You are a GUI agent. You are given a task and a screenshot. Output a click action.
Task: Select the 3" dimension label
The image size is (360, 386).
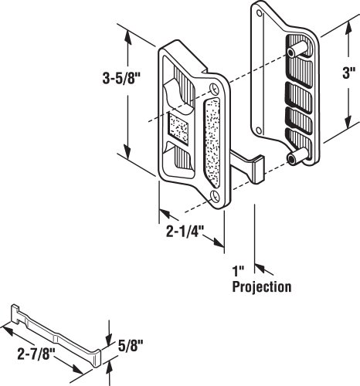click(x=349, y=73)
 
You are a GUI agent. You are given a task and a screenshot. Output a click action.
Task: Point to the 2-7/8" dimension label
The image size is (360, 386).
click(x=36, y=354)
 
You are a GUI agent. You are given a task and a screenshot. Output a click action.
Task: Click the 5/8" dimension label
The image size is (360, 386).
click(x=131, y=346)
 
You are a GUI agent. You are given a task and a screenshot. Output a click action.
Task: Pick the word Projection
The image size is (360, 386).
click(x=262, y=287)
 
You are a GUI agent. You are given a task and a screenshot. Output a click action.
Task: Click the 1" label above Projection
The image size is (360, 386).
click(x=238, y=272)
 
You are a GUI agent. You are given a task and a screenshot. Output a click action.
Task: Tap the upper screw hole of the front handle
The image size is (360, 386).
click(x=215, y=89)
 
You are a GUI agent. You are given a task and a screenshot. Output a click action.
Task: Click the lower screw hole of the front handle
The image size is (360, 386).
click(x=215, y=196)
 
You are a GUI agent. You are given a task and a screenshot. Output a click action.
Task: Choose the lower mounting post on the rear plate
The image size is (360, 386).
click(x=297, y=156)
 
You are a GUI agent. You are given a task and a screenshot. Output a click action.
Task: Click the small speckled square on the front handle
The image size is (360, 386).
click(x=178, y=128)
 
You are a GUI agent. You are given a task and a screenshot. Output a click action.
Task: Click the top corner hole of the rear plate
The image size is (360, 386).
click(x=260, y=13)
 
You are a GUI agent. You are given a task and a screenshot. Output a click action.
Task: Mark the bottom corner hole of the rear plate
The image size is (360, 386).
click(x=260, y=130)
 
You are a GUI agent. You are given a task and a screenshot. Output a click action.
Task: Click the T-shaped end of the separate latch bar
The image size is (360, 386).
click(x=15, y=313)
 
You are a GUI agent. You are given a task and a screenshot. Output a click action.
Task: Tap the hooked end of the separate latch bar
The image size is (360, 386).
click(x=97, y=357)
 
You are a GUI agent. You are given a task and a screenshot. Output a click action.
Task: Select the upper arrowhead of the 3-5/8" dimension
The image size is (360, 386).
click(x=127, y=38)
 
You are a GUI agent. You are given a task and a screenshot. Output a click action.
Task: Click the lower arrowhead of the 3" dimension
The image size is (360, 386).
click(x=348, y=121)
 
